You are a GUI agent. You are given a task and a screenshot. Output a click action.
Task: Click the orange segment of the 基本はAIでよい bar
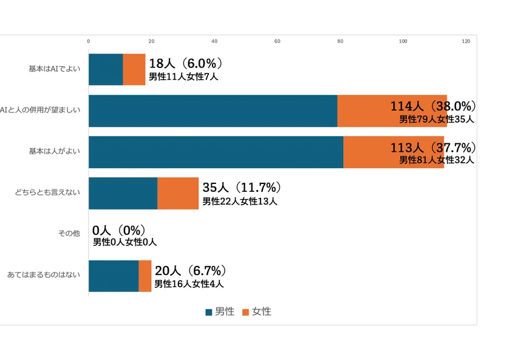pyautogui.click(x=134, y=69)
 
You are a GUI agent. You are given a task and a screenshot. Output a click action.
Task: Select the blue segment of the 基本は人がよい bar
pyautogui.click(x=216, y=152)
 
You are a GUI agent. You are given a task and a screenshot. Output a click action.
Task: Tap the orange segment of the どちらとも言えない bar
pyautogui.click(x=178, y=193)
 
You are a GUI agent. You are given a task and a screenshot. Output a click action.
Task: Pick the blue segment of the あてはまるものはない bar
pyautogui.click(x=114, y=276)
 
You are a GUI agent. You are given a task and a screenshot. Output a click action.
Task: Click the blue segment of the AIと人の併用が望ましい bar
pyautogui.click(x=212, y=110)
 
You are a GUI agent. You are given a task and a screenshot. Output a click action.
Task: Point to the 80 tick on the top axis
pyautogui.click(x=340, y=41)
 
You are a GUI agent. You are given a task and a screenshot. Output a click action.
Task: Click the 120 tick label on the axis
pyautogui.click(x=466, y=41)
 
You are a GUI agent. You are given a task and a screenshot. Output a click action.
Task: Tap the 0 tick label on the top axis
pyautogui.click(x=89, y=41)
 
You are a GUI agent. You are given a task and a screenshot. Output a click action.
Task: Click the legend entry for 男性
pyautogui.click(x=220, y=311)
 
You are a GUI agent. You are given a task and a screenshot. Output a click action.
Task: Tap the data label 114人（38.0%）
pyautogui.click(x=432, y=106)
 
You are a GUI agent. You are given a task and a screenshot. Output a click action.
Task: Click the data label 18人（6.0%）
pyautogui.click(x=186, y=64)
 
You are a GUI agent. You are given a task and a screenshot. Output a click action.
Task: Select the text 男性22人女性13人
pyautogui.click(x=240, y=201)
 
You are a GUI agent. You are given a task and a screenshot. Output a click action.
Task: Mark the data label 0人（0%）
pyautogui.click(x=119, y=230)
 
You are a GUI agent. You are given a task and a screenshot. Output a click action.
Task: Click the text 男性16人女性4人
pyautogui.click(x=189, y=284)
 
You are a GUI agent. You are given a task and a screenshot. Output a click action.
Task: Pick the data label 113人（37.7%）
pyautogui.click(x=432, y=148)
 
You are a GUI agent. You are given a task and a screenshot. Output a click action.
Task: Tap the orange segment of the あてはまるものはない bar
pyautogui.click(x=145, y=276)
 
